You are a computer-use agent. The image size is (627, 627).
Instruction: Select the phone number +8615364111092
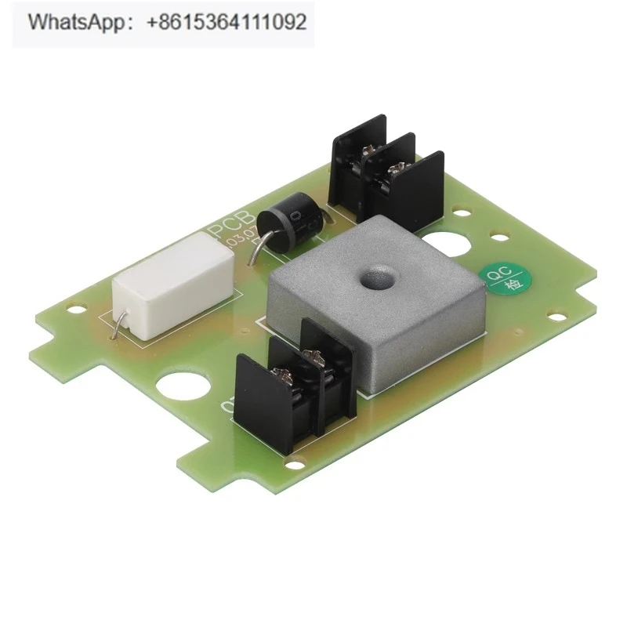coord(227,23)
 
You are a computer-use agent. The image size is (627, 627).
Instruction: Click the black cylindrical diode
coord(291,223)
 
